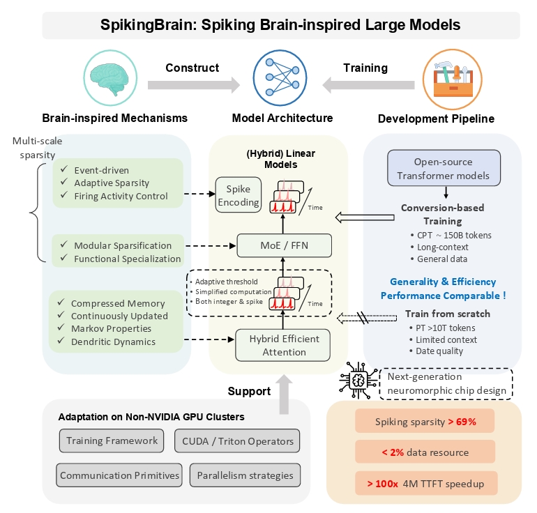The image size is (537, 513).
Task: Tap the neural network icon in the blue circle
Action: pyautogui.click(x=280, y=77)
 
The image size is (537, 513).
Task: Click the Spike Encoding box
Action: pyautogui.click(x=239, y=194)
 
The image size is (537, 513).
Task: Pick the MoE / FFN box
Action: pyautogui.click(x=285, y=245)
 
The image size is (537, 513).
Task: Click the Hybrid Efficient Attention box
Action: pyautogui.click(x=283, y=345)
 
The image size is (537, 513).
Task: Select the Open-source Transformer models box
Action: pyautogui.click(x=444, y=168)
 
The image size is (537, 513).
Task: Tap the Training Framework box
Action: pyautogui.click(x=112, y=441)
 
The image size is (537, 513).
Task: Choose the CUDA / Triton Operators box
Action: pyautogui.click(x=237, y=441)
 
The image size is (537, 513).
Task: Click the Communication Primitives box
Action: pyautogui.click(x=119, y=475)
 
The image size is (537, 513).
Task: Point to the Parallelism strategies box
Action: pyautogui.click(x=245, y=475)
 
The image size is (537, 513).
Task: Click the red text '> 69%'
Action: pyautogui.click(x=462, y=422)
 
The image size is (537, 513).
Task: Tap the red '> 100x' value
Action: pyautogui.click(x=382, y=484)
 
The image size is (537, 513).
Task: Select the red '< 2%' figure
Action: pyautogui.click(x=393, y=452)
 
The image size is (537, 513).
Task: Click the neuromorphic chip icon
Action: pyautogui.click(x=358, y=380)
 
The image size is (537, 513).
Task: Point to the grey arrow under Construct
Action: pyautogui.click(x=194, y=85)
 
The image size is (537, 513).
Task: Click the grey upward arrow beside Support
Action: pyautogui.click(x=284, y=395)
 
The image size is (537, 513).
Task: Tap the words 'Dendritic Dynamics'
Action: pyautogui.click(x=113, y=342)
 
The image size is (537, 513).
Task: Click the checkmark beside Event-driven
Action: pyautogui.click(x=64, y=169)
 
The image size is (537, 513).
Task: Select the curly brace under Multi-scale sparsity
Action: pyautogui.click(x=38, y=213)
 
